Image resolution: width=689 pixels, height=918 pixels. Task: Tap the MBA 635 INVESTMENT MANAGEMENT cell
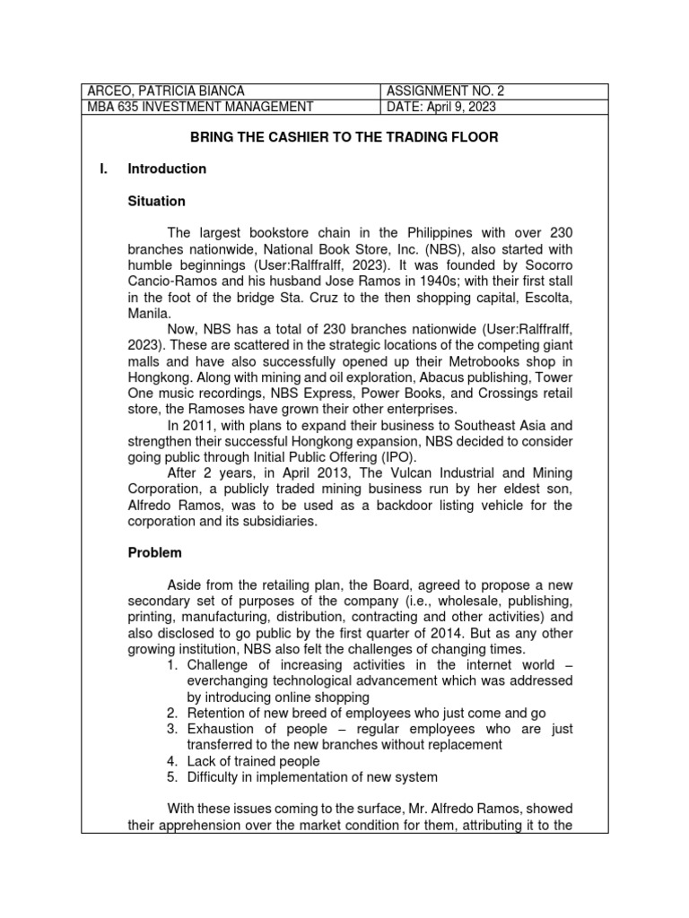[x=200, y=108]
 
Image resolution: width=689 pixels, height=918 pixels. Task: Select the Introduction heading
[x=167, y=169]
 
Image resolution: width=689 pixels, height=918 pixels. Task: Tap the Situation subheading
[x=156, y=202]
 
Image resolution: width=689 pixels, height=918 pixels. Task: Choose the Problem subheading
[x=154, y=553]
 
